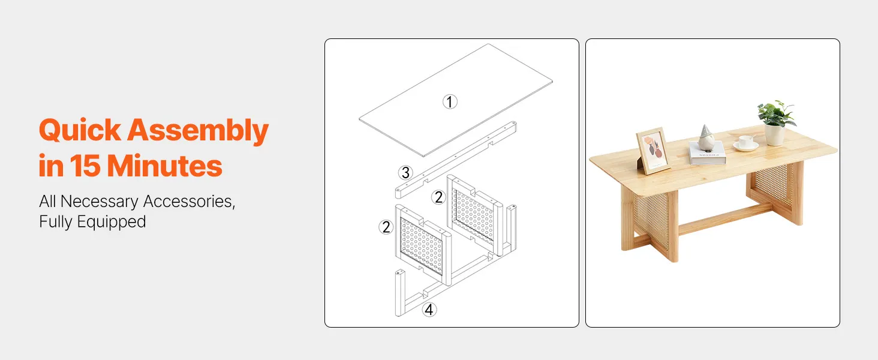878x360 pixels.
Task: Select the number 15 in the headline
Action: pyautogui.click(x=85, y=166)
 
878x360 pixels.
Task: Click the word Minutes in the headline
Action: pyautogui.click(x=164, y=166)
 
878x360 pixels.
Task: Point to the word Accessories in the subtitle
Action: pyautogui.click(x=189, y=202)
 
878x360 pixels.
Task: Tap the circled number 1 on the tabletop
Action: pyautogui.click(x=450, y=101)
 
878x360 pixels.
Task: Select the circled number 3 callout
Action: pyautogui.click(x=405, y=173)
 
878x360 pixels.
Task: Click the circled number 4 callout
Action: pyautogui.click(x=429, y=310)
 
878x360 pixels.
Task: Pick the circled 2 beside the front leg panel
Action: pyautogui.click(x=386, y=227)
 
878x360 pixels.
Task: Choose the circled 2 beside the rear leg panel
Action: pyautogui.click(x=438, y=197)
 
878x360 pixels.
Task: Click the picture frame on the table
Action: pyautogui.click(x=653, y=151)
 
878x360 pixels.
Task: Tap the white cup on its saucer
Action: pyautogui.click(x=746, y=142)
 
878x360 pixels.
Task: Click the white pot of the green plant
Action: pyautogui.click(x=774, y=134)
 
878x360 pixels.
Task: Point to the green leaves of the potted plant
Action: pyautogui.click(x=777, y=113)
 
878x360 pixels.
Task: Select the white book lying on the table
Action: pyautogui.click(x=708, y=154)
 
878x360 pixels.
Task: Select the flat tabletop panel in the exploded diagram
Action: pyautogui.click(x=456, y=100)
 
